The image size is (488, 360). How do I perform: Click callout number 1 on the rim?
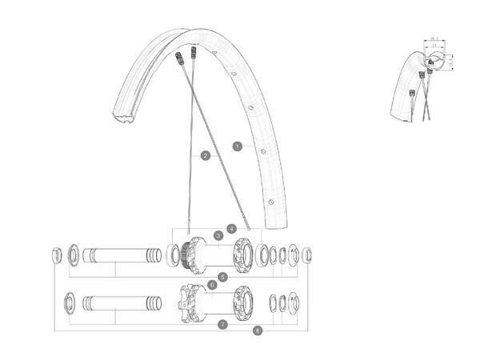click(x=238, y=146)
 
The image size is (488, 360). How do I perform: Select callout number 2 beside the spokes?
click(x=206, y=155)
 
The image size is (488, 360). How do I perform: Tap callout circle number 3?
click(x=218, y=236)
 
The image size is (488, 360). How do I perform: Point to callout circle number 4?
click(x=232, y=228)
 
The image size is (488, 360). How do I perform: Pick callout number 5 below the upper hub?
click(x=222, y=276)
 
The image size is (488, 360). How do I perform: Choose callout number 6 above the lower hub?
click(x=212, y=284)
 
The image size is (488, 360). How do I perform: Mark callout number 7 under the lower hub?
click(x=222, y=324)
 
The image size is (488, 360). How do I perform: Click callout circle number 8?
click(x=258, y=330)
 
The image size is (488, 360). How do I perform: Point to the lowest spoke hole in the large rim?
click(x=271, y=201)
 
